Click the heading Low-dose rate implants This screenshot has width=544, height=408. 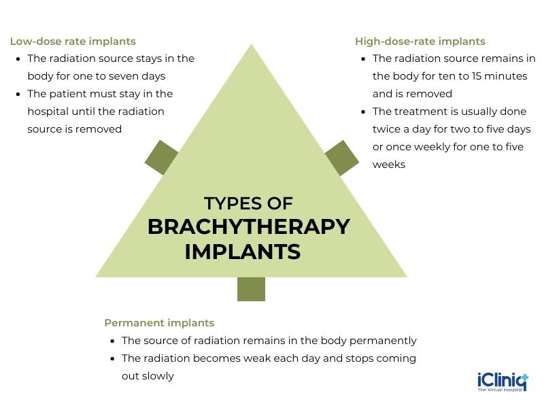click(x=73, y=41)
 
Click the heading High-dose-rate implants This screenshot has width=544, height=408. click(x=420, y=41)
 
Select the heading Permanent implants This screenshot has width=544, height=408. click(x=159, y=323)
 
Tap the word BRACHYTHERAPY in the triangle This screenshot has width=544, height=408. click(x=248, y=226)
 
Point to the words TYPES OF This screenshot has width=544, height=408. click(x=248, y=203)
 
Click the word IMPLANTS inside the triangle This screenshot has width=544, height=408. click(x=242, y=252)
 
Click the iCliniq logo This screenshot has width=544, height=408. click(x=503, y=381)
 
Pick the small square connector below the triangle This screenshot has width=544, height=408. click(x=251, y=289)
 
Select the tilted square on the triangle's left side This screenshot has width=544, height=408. click(x=162, y=157)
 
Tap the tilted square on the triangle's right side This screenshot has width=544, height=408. click(x=342, y=158)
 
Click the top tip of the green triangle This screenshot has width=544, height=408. click(x=252, y=48)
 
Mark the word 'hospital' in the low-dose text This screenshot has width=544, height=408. click(x=49, y=112)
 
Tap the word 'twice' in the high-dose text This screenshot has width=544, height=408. click(x=387, y=129)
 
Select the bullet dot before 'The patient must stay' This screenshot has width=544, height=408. click(x=18, y=95)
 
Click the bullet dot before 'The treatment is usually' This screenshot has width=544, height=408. click(x=363, y=112)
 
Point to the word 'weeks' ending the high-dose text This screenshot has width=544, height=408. click(x=389, y=165)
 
